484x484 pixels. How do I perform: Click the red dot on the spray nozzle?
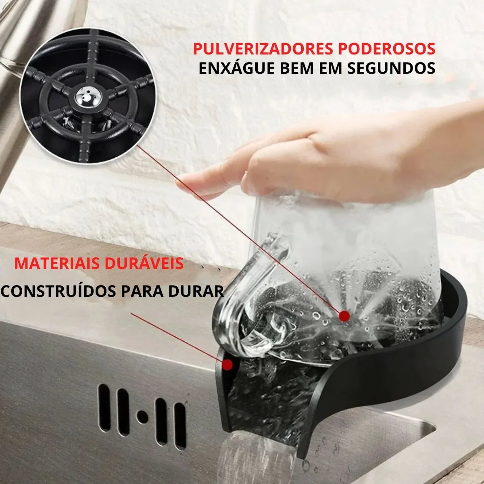[344, 315]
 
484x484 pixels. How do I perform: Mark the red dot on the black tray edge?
[228, 365]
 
